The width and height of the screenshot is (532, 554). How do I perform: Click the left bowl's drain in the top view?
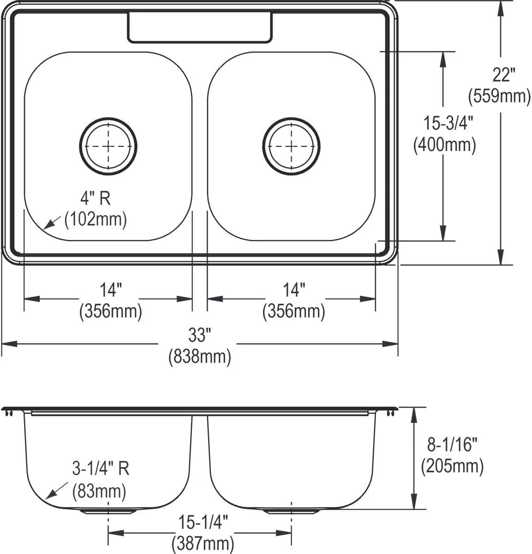pyautogui.click(x=108, y=146)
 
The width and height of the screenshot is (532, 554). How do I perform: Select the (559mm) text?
pyautogui.click(x=500, y=96)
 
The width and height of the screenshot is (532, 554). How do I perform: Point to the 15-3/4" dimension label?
pyautogui.click(x=443, y=123)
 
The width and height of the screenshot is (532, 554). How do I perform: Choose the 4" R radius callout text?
pyautogui.click(x=96, y=199)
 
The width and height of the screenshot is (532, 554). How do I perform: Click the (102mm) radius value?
pyautogui.click(x=96, y=219)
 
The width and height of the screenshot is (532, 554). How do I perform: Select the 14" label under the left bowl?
pyautogui.click(x=111, y=290)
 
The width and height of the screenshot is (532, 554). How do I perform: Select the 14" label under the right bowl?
pyautogui.click(x=294, y=290)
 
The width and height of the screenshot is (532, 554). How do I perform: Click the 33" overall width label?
pyautogui.click(x=199, y=335)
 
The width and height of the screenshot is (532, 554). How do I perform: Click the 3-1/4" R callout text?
pyautogui.click(x=101, y=469)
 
